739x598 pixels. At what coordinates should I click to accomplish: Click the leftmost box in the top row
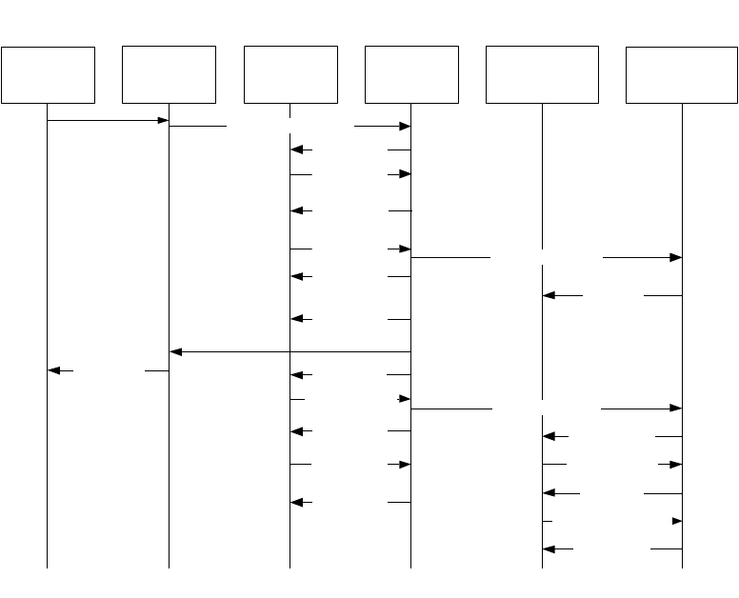point(48,74)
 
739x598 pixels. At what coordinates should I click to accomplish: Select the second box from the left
point(170,74)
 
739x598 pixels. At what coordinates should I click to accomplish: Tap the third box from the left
point(290,74)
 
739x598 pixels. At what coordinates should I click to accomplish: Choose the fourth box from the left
point(411,74)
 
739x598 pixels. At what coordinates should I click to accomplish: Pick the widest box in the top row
point(542,74)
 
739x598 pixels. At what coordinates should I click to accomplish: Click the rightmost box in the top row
point(682,74)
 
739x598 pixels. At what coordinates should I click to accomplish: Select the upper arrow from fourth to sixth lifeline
point(547,257)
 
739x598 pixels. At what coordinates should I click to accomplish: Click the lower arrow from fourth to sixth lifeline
point(547,409)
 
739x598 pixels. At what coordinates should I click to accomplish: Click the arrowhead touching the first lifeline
point(54,370)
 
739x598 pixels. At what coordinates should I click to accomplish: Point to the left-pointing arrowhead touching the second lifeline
point(176,352)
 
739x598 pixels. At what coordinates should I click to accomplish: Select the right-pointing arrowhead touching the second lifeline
point(163,121)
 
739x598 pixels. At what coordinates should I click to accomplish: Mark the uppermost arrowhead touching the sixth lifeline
point(676,257)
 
